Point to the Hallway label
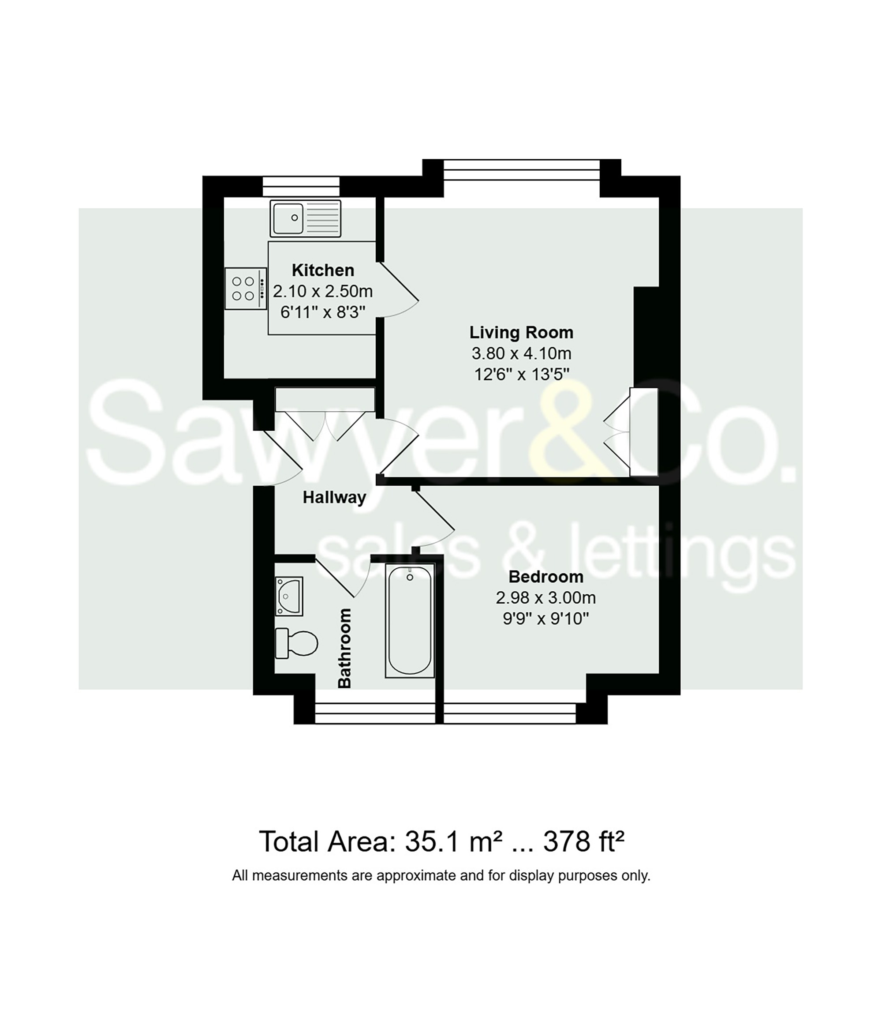point(334,498)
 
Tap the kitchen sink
point(306,218)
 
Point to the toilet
point(298,643)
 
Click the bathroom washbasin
point(289,596)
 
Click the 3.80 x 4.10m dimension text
point(521,353)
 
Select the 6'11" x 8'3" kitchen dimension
point(323,312)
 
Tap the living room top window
point(521,169)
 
